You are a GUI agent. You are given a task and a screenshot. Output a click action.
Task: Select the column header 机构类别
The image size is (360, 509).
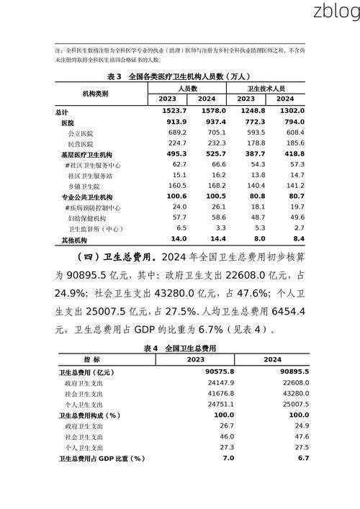point(96,94)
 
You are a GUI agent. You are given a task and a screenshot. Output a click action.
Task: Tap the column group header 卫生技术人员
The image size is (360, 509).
point(266,88)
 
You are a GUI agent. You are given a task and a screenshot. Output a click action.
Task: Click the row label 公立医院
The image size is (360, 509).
point(81,134)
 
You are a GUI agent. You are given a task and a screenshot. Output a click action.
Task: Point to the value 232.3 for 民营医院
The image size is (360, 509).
point(215,145)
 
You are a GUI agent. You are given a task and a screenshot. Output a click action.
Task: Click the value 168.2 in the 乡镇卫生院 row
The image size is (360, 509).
point(215,186)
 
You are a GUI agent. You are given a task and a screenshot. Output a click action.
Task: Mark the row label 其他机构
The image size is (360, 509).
point(74,240)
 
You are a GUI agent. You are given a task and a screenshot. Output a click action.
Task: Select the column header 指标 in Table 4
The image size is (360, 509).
point(91,359)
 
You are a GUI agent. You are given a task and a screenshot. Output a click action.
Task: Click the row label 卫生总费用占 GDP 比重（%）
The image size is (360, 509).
point(102,458)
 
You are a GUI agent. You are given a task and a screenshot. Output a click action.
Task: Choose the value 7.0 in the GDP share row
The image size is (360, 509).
point(228,458)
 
